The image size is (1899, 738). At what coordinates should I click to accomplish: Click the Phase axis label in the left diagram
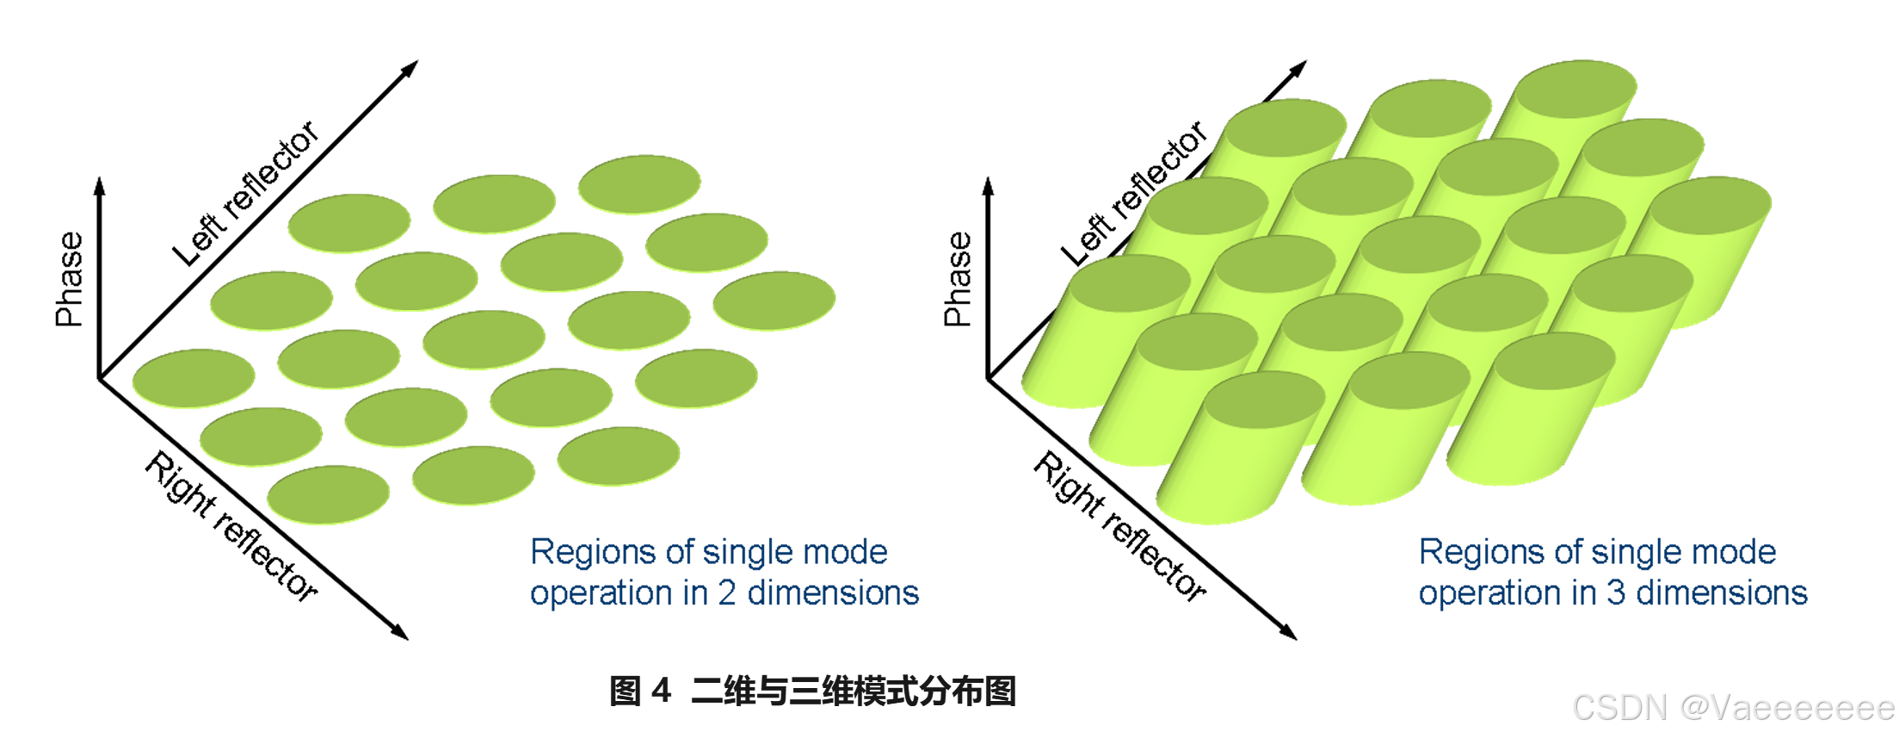click(x=70, y=279)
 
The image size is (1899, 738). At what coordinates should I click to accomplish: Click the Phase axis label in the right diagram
click(x=958, y=279)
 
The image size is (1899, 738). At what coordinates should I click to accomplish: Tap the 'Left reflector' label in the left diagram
click(x=245, y=194)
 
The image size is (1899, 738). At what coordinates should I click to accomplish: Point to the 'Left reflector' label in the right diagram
click(x=1134, y=194)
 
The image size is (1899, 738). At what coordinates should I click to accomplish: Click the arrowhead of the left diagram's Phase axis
click(x=99, y=185)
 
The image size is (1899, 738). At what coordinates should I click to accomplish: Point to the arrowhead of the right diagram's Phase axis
click(x=988, y=185)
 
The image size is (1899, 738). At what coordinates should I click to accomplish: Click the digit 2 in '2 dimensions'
click(x=727, y=593)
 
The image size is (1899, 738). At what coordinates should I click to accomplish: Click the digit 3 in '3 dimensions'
click(x=1616, y=593)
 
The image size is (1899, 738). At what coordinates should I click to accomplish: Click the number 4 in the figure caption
click(x=661, y=691)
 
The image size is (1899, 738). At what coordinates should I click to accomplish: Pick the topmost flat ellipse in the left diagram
click(x=639, y=183)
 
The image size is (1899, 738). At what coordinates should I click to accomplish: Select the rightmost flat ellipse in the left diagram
click(x=774, y=300)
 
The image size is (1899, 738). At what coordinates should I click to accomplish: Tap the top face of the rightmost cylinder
click(x=1711, y=205)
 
